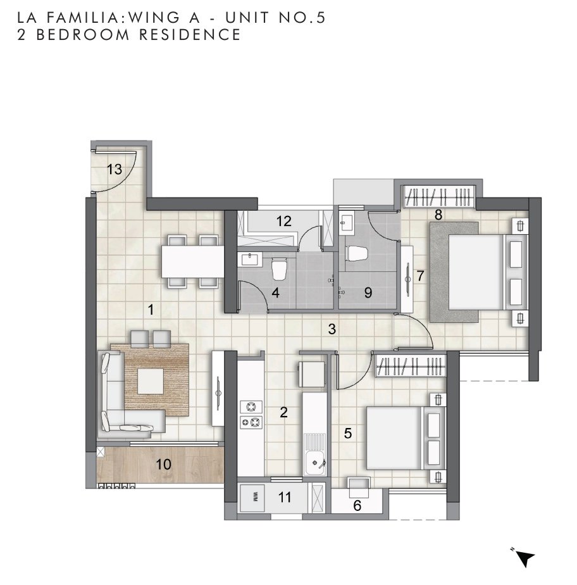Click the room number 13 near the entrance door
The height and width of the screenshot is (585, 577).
point(115,170)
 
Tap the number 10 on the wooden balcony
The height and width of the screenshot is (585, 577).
point(163,464)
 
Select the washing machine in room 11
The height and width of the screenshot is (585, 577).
point(252,498)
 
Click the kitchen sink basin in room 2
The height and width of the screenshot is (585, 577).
point(314,463)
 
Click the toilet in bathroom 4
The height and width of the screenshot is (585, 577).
point(279,268)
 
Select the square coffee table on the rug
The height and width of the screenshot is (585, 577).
point(150,381)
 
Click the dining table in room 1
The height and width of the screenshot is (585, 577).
point(192,261)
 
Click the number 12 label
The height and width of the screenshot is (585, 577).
point(283,221)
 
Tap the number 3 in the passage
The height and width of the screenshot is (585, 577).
point(332,329)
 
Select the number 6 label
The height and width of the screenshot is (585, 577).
point(357,505)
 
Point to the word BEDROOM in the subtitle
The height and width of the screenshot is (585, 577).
point(83,35)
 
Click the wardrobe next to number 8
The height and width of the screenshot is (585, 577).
point(440,196)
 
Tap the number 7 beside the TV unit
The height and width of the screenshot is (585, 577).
point(421,276)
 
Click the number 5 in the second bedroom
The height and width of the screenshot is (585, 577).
point(348,433)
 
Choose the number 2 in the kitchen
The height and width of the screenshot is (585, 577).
point(283,412)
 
